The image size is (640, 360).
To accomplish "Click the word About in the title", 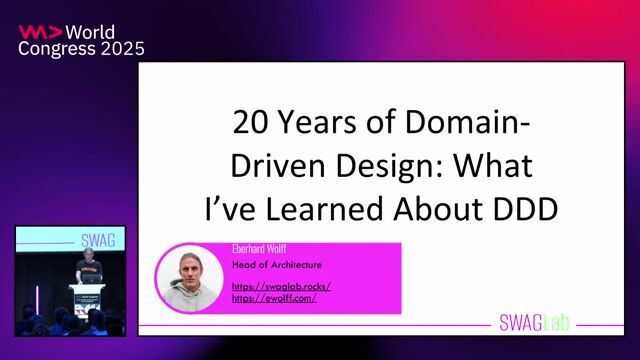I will click(x=447, y=208).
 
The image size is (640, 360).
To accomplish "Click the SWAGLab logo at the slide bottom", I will click(x=537, y=322).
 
